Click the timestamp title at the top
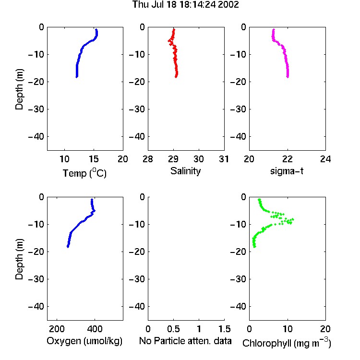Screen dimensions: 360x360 pos(185,4)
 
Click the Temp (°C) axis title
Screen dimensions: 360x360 pos(84,173)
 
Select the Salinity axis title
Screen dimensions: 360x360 pos(185,171)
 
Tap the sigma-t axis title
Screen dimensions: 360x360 pos(287,171)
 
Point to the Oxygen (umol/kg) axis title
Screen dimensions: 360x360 pos(84,341)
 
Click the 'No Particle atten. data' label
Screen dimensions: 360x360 pos(185,341)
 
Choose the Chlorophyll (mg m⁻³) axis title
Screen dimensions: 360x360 pos(287,343)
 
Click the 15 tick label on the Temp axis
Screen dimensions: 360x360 pos(94,159)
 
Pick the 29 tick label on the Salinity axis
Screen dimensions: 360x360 pos(173,159)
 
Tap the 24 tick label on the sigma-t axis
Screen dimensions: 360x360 pos(325,159)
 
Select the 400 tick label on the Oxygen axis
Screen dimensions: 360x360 pos(95,329)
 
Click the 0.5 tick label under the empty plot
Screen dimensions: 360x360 pos(173,329)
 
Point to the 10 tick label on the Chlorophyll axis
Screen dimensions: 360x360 pos(288,329)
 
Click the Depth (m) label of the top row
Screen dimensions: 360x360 pos(19,89)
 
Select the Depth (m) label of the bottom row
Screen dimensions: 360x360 pos(19,259)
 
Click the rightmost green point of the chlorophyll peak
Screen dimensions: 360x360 pos(293,219)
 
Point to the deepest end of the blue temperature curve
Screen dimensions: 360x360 pos(77,77)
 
